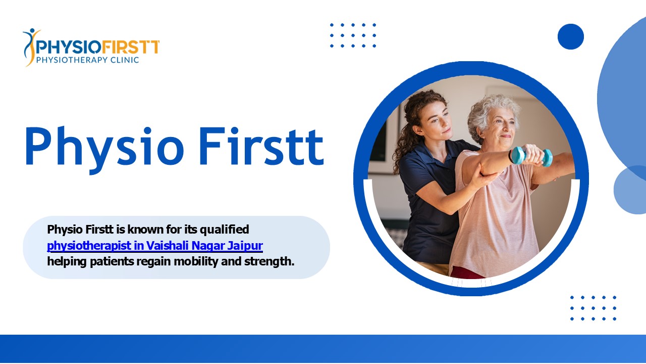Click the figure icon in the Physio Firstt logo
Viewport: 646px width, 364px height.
click(x=31, y=47)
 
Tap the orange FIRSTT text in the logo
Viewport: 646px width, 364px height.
click(x=131, y=47)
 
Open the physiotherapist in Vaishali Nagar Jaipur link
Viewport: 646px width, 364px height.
click(x=155, y=246)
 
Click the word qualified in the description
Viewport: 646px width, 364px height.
click(x=225, y=230)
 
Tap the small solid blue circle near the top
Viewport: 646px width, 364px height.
click(x=570, y=36)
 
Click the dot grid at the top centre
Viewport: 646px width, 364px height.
click(x=353, y=35)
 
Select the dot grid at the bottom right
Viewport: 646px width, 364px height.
click(x=593, y=308)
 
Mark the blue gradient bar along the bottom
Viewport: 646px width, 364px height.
click(x=323, y=349)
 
